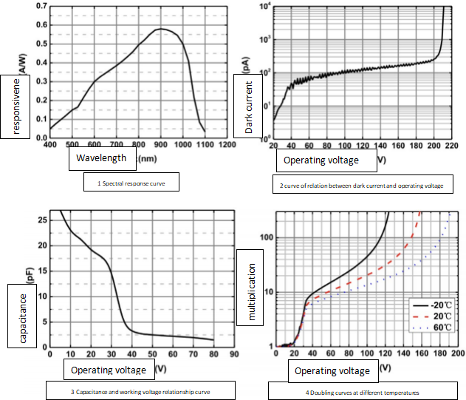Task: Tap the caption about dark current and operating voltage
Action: pos(362,186)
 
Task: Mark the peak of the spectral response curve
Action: pos(160,29)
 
